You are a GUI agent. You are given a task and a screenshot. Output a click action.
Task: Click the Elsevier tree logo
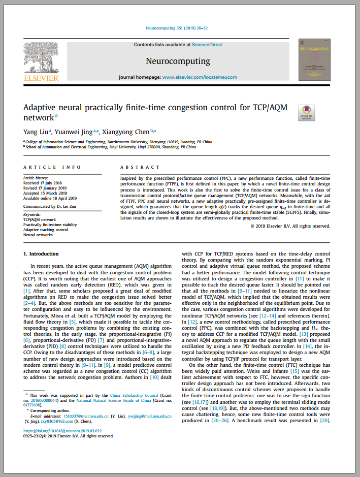[41, 58]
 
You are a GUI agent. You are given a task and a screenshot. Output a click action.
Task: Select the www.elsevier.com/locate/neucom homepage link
[200, 77]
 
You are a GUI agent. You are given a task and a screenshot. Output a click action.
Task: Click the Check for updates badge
[307, 113]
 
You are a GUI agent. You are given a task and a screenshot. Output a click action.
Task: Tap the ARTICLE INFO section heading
[52, 167]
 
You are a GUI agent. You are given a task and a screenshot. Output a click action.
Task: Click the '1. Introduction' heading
[42, 253]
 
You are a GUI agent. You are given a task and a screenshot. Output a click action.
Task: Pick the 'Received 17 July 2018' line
[42, 183]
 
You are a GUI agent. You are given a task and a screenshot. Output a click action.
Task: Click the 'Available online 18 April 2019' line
[50, 198]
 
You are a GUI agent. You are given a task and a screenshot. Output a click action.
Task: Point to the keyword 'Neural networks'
[38, 235]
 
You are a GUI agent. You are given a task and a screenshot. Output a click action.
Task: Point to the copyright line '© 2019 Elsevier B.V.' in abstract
[290, 226]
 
